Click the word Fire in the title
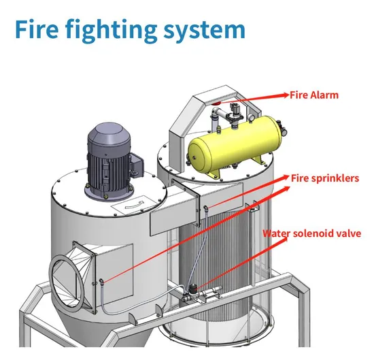[x=37, y=29]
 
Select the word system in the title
[x=205, y=31]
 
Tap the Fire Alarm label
[x=314, y=95]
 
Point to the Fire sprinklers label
[x=325, y=178]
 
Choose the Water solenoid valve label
[x=312, y=233]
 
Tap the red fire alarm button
[x=216, y=103]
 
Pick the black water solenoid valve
[x=192, y=289]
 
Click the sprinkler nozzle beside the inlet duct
[x=101, y=281]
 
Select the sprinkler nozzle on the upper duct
[x=206, y=209]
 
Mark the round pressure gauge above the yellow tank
[x=251, y=117]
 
